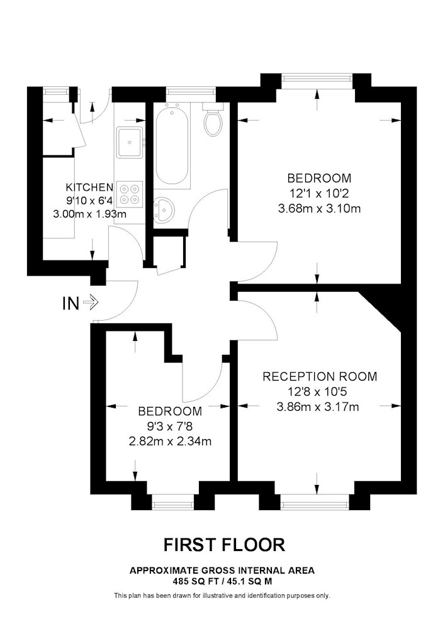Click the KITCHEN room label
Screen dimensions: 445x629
89,187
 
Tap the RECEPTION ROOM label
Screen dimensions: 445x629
320,376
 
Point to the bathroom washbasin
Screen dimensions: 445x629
164,209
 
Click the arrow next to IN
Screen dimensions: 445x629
90,303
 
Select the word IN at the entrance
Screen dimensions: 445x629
70,303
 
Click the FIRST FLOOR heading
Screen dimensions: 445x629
224,545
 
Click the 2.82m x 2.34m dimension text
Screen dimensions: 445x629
170,442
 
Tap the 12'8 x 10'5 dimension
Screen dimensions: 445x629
318,391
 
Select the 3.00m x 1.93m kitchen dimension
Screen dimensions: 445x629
90,214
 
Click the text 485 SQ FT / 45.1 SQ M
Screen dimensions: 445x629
222,581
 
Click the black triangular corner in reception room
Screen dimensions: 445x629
383,308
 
